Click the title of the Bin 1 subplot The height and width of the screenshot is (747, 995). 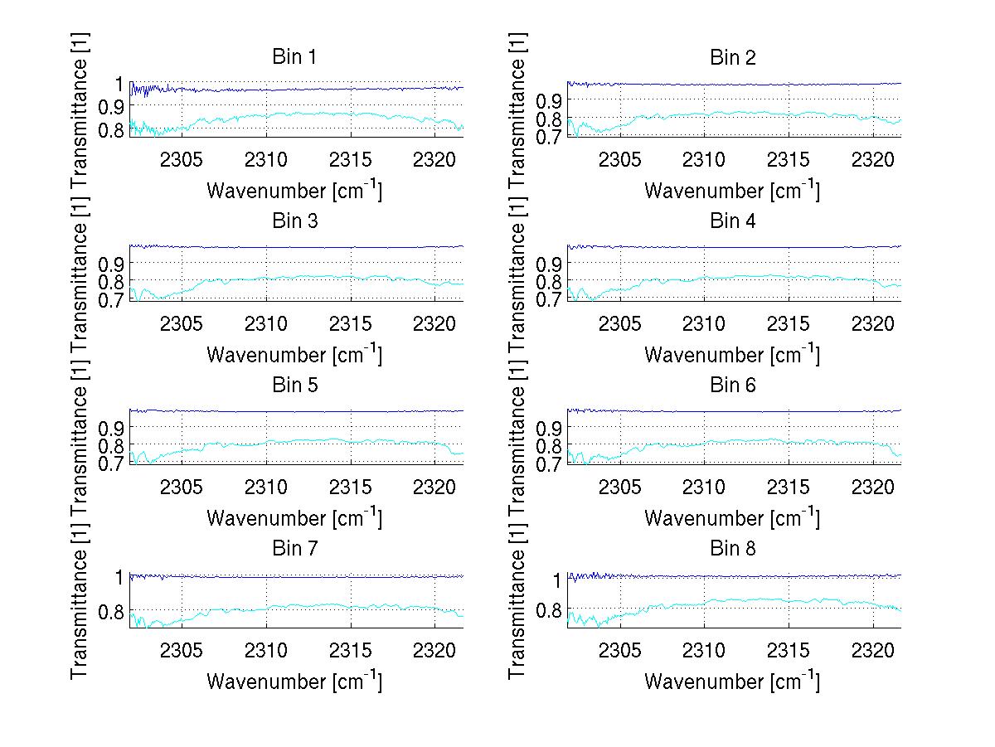[294, 57]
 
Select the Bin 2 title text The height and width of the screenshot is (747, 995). [733, 57]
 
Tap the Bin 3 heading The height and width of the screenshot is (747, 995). [294, 221]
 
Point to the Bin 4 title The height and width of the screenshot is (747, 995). [733, 221]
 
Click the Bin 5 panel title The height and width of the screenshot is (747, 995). [294, 385]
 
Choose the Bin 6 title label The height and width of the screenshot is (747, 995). [733, 385]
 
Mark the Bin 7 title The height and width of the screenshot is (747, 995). [294, 548]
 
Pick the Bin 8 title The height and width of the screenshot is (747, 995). [733, 548]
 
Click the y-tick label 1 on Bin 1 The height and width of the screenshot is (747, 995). [119, 85]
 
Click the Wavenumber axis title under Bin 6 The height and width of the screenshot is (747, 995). [732, 518]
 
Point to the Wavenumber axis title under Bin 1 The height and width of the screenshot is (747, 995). [294, 191]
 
